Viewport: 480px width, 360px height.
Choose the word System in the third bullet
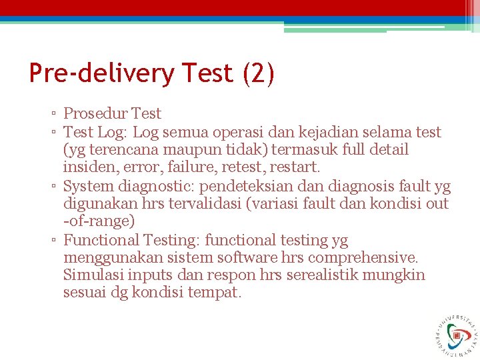[89, 186]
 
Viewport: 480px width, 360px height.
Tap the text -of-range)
[99, 221]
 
